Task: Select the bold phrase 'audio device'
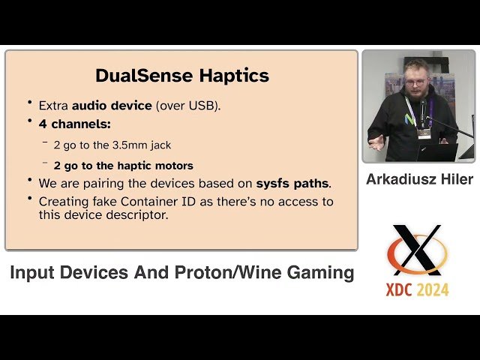(x=112, y=106)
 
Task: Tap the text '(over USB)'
(x=188, y=106)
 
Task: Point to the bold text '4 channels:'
(x=74, y=124)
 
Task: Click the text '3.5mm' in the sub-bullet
(x=133, y=145)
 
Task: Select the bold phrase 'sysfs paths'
(x=292, y=183)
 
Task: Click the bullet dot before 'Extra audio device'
(x=30, y=103)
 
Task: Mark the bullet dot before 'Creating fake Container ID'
(x=30, y=199)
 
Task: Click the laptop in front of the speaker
(x=438, y=152)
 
